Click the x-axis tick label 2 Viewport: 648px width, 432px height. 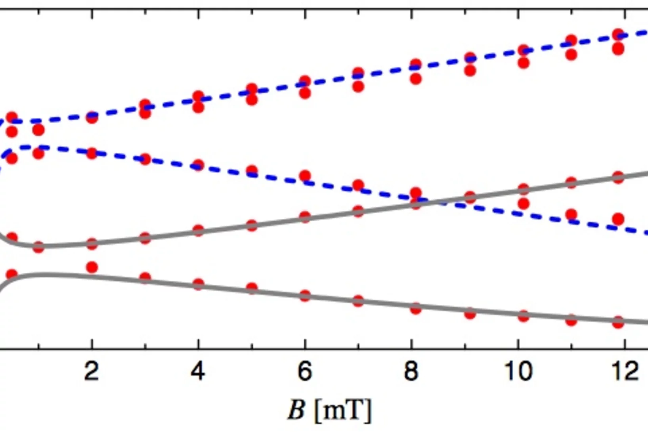[92, 371]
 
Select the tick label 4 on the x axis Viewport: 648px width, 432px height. [198, 371]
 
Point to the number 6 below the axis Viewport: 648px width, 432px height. [304, 371]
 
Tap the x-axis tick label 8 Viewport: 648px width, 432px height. [411, 371]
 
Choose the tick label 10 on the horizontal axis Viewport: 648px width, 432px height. [518, 371]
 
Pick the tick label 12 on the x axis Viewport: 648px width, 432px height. [625, 371]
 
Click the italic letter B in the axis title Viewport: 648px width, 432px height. [296, 410]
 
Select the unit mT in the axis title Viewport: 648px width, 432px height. [343, 411]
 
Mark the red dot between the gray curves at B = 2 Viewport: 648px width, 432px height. [92, 267]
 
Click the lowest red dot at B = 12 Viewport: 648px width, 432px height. [618, 322]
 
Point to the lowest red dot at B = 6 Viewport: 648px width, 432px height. [305, 296]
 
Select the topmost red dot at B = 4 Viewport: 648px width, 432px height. [198, 96]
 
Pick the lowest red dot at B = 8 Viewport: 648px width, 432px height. [415, 309]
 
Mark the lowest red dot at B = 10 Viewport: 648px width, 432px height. [524, 316]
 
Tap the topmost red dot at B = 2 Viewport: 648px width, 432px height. [92, 117]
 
